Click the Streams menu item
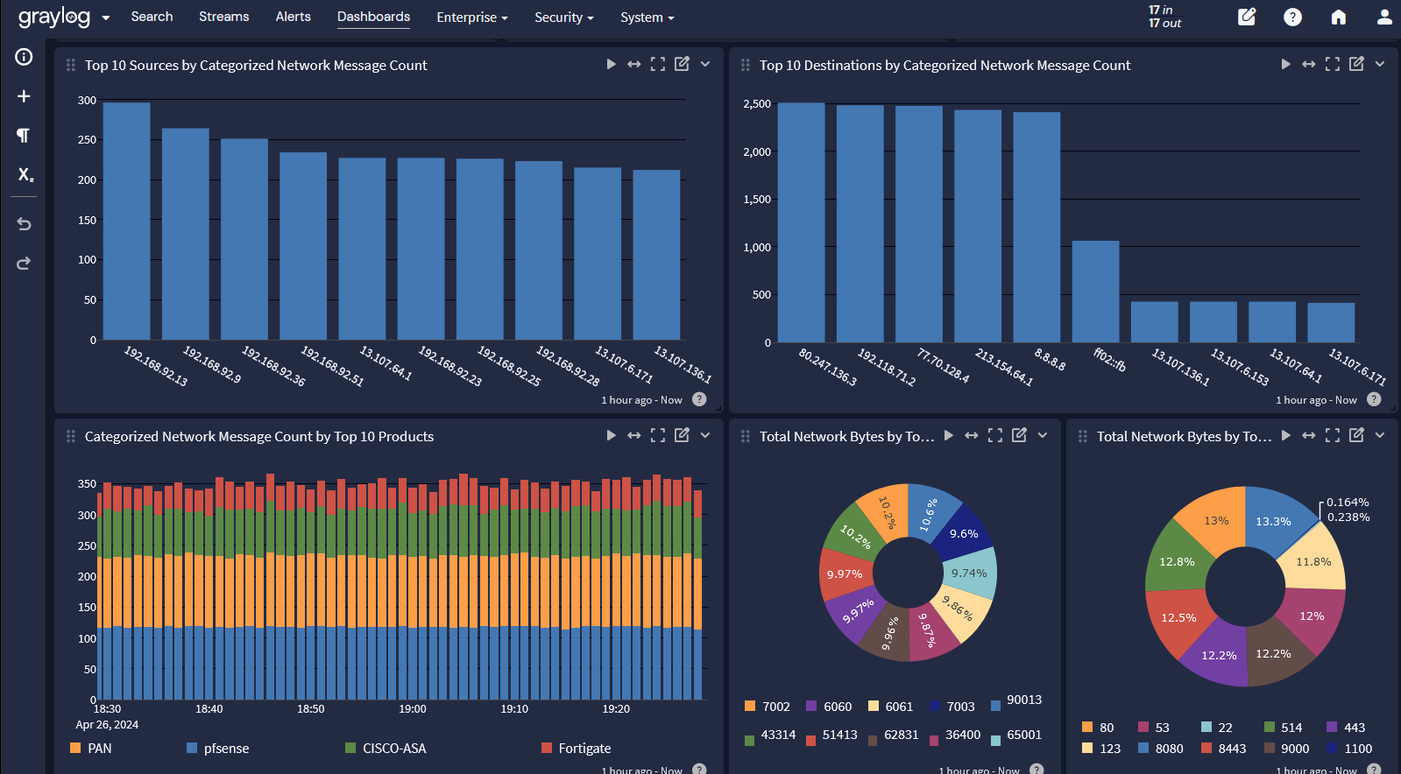(223, 17)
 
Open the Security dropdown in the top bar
(563, 18)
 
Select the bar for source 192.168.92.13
(126, 221)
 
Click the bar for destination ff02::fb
(1095, 292)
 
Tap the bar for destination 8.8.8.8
(1037, 227)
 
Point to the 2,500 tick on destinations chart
(757, 104)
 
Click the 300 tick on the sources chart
(87, 101)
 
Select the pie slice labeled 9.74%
(970, 573)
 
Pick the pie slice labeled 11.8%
(1313, 562)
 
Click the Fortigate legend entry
(584, 749)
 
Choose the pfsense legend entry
(225, 749)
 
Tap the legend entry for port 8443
(1231, 749)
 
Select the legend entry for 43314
(777, 735)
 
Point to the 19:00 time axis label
(412, 709)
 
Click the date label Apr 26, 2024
(107, 725)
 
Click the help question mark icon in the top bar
(1292, 17)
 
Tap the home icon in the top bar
(1338, 17)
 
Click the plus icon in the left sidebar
(24, 96)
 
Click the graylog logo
(53, 17)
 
